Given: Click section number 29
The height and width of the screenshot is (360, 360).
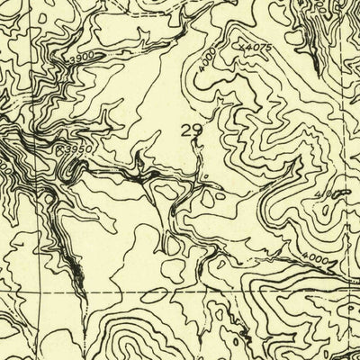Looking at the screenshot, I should (x=191, y=130).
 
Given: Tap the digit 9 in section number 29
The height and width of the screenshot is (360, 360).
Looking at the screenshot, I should (x=196, y=130).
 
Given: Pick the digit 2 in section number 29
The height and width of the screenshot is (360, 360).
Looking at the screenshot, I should (x=185, y=130).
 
